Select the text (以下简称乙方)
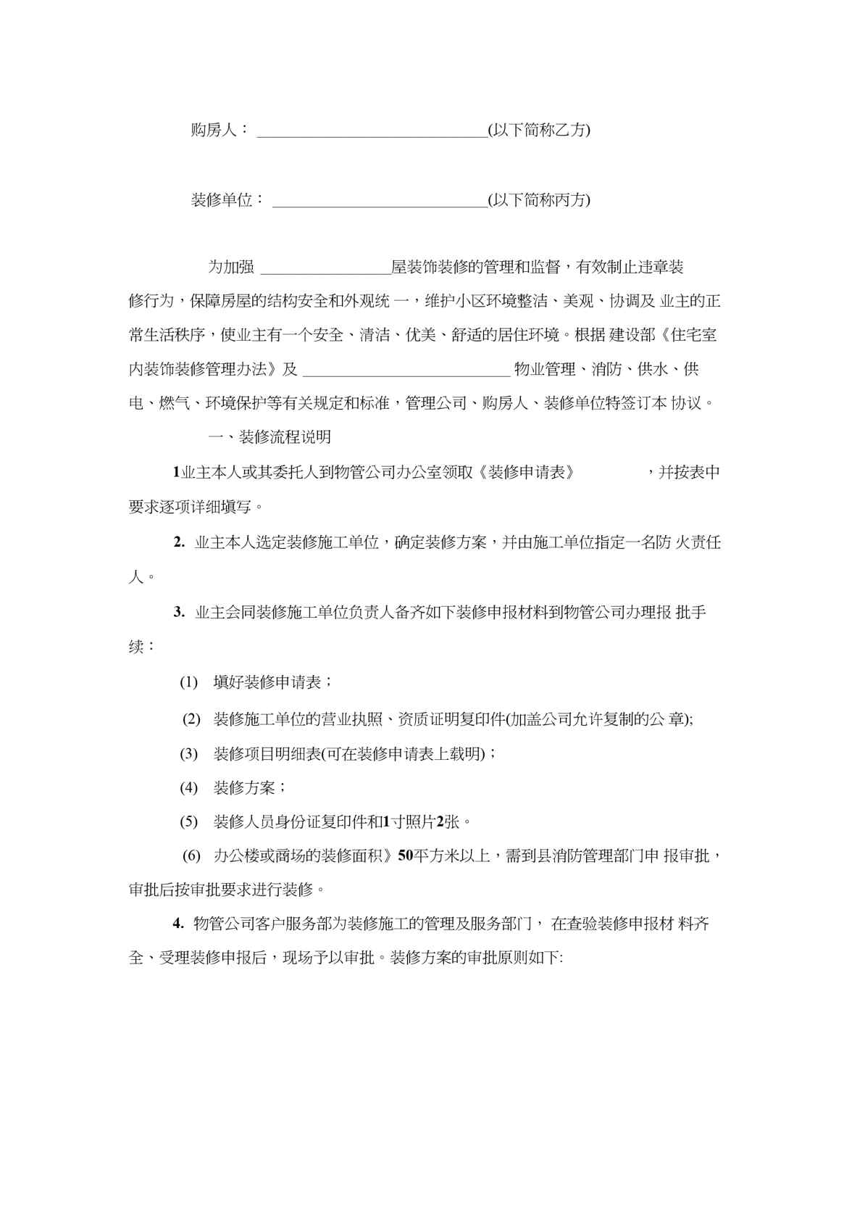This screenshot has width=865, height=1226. pos(539,131)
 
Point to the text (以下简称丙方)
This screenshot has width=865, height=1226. pos(539,200)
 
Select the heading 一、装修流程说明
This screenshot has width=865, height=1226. pos(269,437)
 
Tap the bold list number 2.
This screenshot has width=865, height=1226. pos(178,542)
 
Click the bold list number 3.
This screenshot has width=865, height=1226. pos(178,612)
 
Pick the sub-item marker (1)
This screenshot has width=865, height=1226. pos(188,682)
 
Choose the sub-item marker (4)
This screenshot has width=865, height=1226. pos(188,787)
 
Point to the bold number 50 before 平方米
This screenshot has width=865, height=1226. pos(405,856)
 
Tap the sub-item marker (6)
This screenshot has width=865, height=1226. pos(191,856)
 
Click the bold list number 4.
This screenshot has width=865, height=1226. pos(178,924)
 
